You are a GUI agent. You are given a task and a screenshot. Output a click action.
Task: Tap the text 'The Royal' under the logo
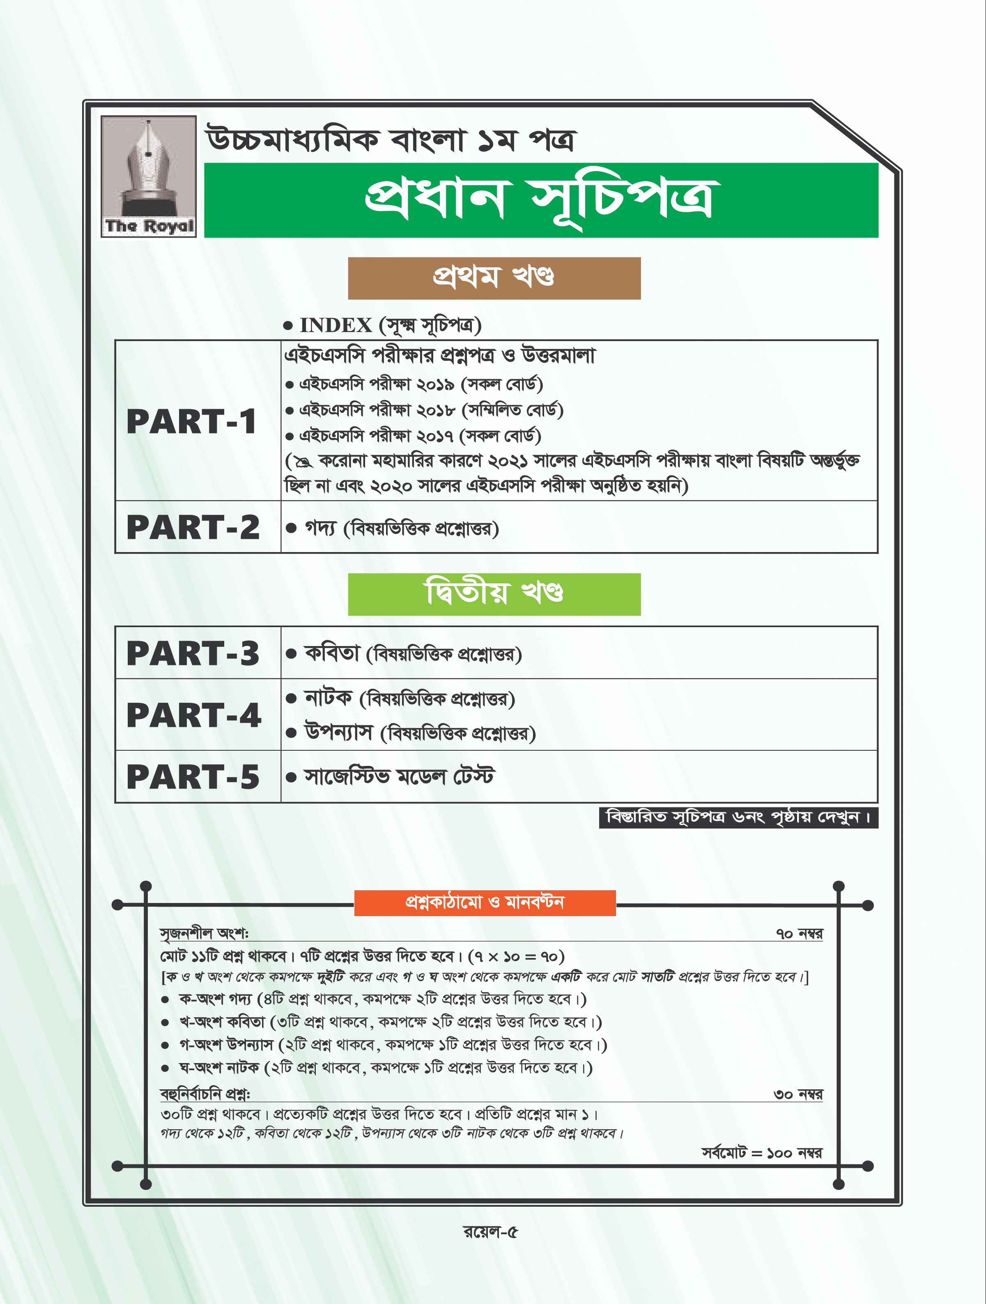click(x=149, y=226)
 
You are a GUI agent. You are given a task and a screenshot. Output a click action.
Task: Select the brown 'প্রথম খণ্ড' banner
click(x=494, y=277)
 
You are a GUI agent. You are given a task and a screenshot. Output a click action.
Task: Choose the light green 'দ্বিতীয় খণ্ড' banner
click(x=494, y=594)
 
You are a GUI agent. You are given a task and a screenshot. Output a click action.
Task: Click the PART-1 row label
click(x=192, y=422)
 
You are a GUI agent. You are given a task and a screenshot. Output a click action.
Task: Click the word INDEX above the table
click(x=336, y=325)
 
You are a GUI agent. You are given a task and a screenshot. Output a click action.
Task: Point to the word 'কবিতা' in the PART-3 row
click(x=331, y=653)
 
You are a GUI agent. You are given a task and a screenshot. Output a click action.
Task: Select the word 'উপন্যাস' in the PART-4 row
click(x=338, y=733)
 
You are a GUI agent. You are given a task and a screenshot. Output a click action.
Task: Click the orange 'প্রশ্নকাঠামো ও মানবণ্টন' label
click(x=485, y=903)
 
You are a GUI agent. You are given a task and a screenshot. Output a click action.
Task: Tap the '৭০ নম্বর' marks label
click(x=799, y=934)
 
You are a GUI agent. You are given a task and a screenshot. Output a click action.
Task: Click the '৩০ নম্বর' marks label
click(x=798, y=1095)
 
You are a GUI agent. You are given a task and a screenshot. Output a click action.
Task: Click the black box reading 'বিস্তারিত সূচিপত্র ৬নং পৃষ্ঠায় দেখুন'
click(x=738, y=818)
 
